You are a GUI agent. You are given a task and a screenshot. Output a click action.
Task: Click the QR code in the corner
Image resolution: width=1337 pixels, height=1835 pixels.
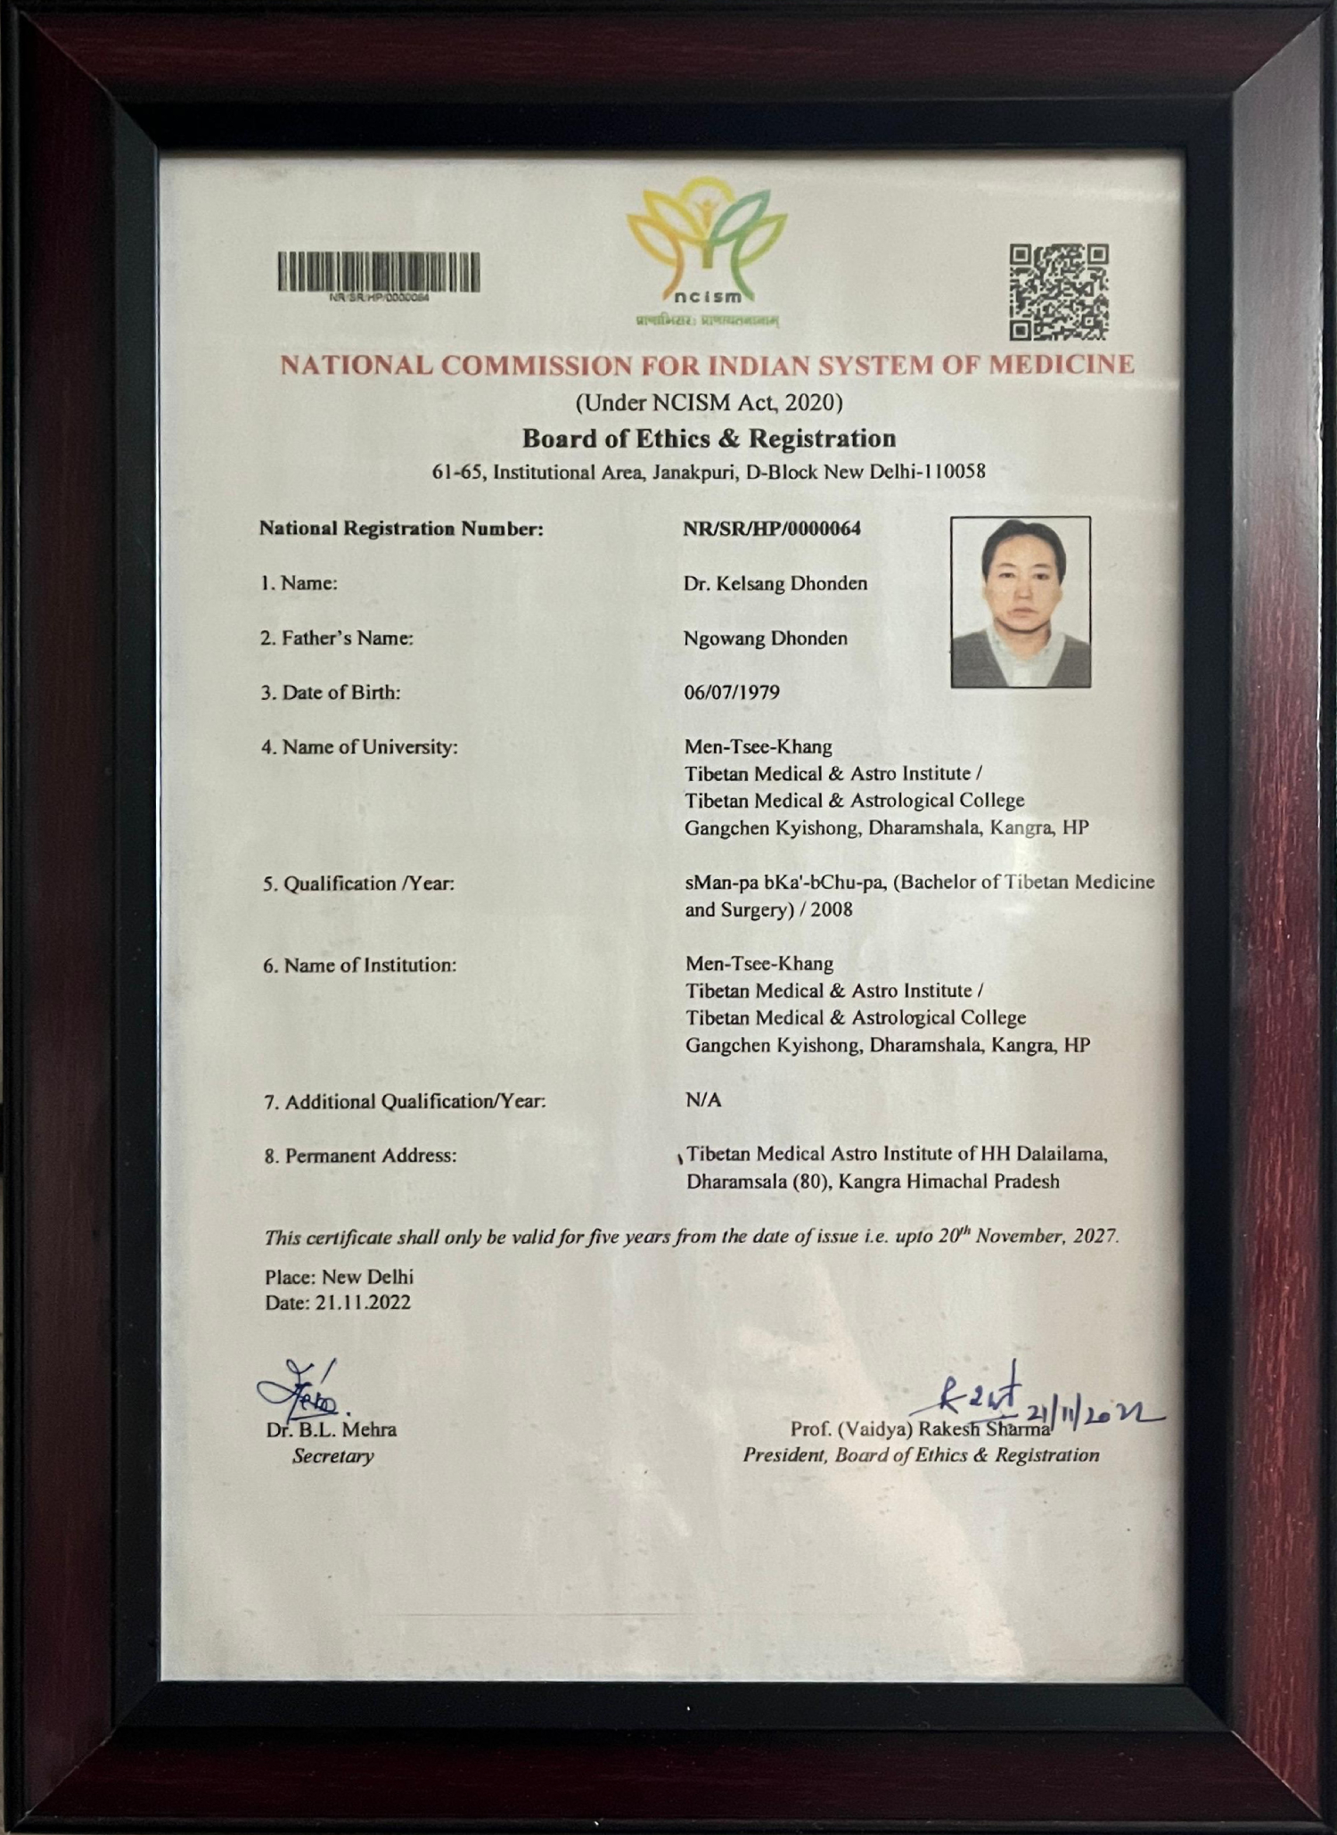click(x=1058, y=292)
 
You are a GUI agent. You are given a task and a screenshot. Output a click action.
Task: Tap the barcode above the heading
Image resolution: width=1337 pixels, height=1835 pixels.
click(x=378, y=272)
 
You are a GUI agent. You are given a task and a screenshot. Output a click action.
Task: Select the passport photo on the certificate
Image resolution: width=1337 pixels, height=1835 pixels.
click(x=1021, y=602)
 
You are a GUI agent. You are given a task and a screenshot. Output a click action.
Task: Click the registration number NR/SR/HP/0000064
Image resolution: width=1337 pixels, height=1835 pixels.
click(x=772, y=529)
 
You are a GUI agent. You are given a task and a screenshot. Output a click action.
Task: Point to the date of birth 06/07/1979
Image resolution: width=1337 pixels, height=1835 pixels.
click(x=732, y=693)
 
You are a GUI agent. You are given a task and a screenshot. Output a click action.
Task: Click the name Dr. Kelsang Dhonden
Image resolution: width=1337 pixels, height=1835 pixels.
click(x=775, y=584)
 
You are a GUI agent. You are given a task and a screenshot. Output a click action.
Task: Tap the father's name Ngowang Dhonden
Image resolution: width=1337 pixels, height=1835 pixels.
click(x=766, y=638)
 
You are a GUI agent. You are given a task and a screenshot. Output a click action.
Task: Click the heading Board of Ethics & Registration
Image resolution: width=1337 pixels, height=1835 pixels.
click(x=709, y=439)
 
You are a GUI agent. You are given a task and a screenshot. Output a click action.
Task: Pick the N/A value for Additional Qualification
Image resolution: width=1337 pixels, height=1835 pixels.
click(x=703, y=1100)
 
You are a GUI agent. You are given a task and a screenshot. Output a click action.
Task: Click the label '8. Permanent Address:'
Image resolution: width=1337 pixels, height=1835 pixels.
click(x=360, y=1156)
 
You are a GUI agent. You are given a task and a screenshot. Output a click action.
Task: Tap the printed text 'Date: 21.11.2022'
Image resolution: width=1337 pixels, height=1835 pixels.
click(x=338, y=1303)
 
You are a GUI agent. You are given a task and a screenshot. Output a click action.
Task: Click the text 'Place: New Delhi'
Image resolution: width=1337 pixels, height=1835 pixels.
click(x=339, y=1277)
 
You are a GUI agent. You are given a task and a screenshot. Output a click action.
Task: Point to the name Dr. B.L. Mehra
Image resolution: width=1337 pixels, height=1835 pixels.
click(x=332, y=1429)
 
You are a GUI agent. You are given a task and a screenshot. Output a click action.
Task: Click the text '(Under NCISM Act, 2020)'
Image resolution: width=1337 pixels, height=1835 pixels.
click(x=709, y=403)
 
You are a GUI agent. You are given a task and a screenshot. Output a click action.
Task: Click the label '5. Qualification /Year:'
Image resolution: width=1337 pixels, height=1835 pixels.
click(x=358, y=884)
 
